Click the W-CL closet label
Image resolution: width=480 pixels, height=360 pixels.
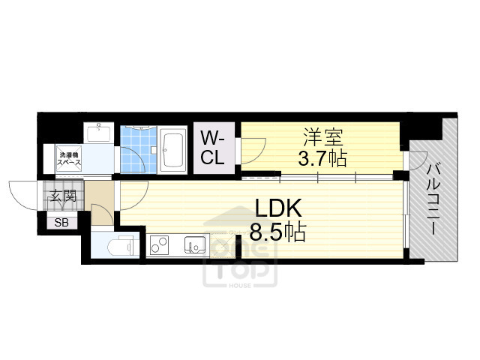tap(212, 147)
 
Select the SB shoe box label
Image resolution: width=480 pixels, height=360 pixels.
tap(59, 221)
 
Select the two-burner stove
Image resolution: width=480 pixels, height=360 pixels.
tap(159, 244)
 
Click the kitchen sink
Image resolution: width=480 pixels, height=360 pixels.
tap(196, 244)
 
